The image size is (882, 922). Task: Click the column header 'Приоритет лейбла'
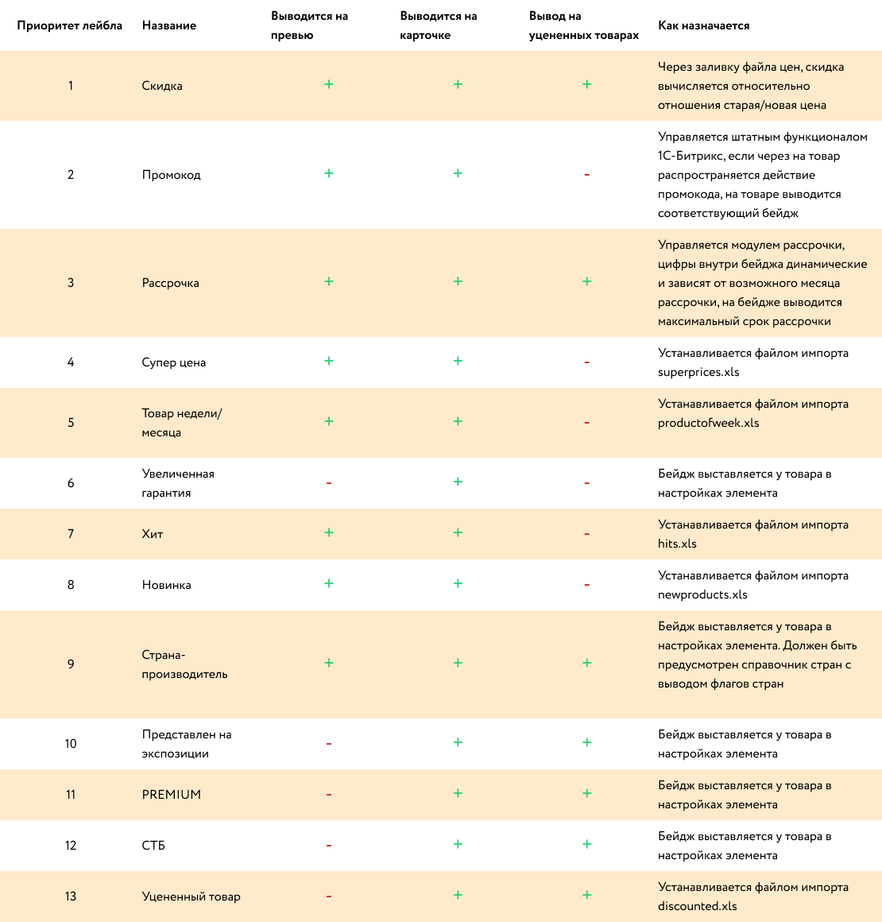tap(70, 25)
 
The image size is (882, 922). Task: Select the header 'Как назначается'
tap(703, 25)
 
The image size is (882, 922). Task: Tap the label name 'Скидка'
tap(162, 86)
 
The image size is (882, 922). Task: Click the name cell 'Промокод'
tap(171, 175)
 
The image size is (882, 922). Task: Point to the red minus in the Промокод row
tap(586, 175)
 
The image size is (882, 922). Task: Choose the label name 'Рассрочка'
tap(170, 283)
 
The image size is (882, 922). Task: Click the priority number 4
tap(71, 362)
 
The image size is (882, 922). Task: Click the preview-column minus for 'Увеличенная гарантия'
tap(329, 483)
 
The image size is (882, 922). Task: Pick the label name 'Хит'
tap(153, 534)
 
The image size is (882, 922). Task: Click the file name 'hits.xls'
tap(677, 544)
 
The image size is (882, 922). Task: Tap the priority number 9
tap(71, 664)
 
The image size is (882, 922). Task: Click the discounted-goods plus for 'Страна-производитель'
tap(586, 663)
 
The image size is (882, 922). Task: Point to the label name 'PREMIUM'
tap(171, 795)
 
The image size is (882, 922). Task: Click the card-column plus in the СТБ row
tap(458, 844)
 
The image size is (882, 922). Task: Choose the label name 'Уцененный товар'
tap(191, 897)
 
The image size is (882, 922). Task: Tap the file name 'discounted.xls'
tap(697, 906)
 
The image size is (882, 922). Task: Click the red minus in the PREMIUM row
tap(329, 795)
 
